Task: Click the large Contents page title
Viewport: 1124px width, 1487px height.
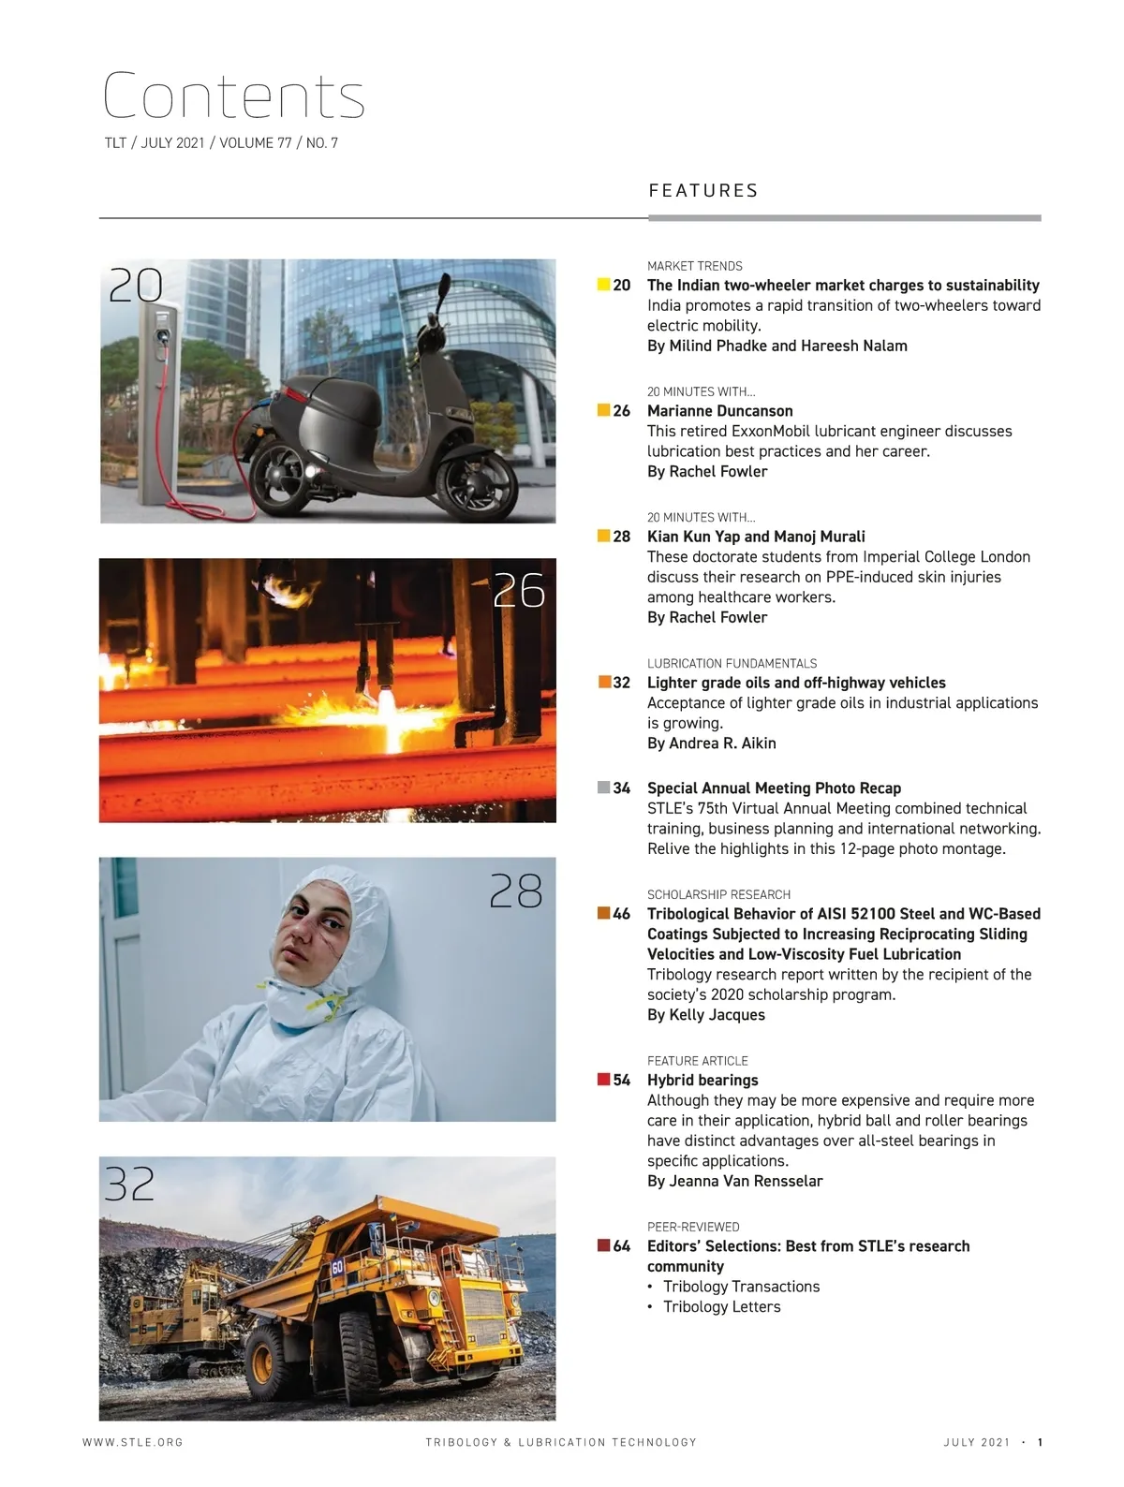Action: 233,96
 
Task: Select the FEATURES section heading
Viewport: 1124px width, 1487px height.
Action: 703,191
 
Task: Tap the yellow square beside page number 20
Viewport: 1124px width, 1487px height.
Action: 604,285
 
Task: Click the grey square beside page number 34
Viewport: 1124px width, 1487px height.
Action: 604,788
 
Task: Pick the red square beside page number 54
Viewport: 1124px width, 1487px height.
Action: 604,1080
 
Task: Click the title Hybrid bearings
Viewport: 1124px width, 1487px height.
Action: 702,1080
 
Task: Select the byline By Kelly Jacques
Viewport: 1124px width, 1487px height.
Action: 706,1015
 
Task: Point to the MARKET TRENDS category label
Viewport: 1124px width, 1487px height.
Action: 695,266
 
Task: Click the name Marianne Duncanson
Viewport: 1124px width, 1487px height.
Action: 720,411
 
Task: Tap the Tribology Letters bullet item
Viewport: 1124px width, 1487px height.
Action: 721,1307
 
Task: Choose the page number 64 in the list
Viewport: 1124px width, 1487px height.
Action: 622,1246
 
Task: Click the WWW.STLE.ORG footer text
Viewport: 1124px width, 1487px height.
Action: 133,1442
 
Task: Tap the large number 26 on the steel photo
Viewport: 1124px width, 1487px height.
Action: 519,591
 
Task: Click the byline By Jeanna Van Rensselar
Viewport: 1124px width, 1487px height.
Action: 735,1182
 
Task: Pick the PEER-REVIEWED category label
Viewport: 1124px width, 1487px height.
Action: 693,1227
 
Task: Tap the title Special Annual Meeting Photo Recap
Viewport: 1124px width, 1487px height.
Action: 774,788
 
